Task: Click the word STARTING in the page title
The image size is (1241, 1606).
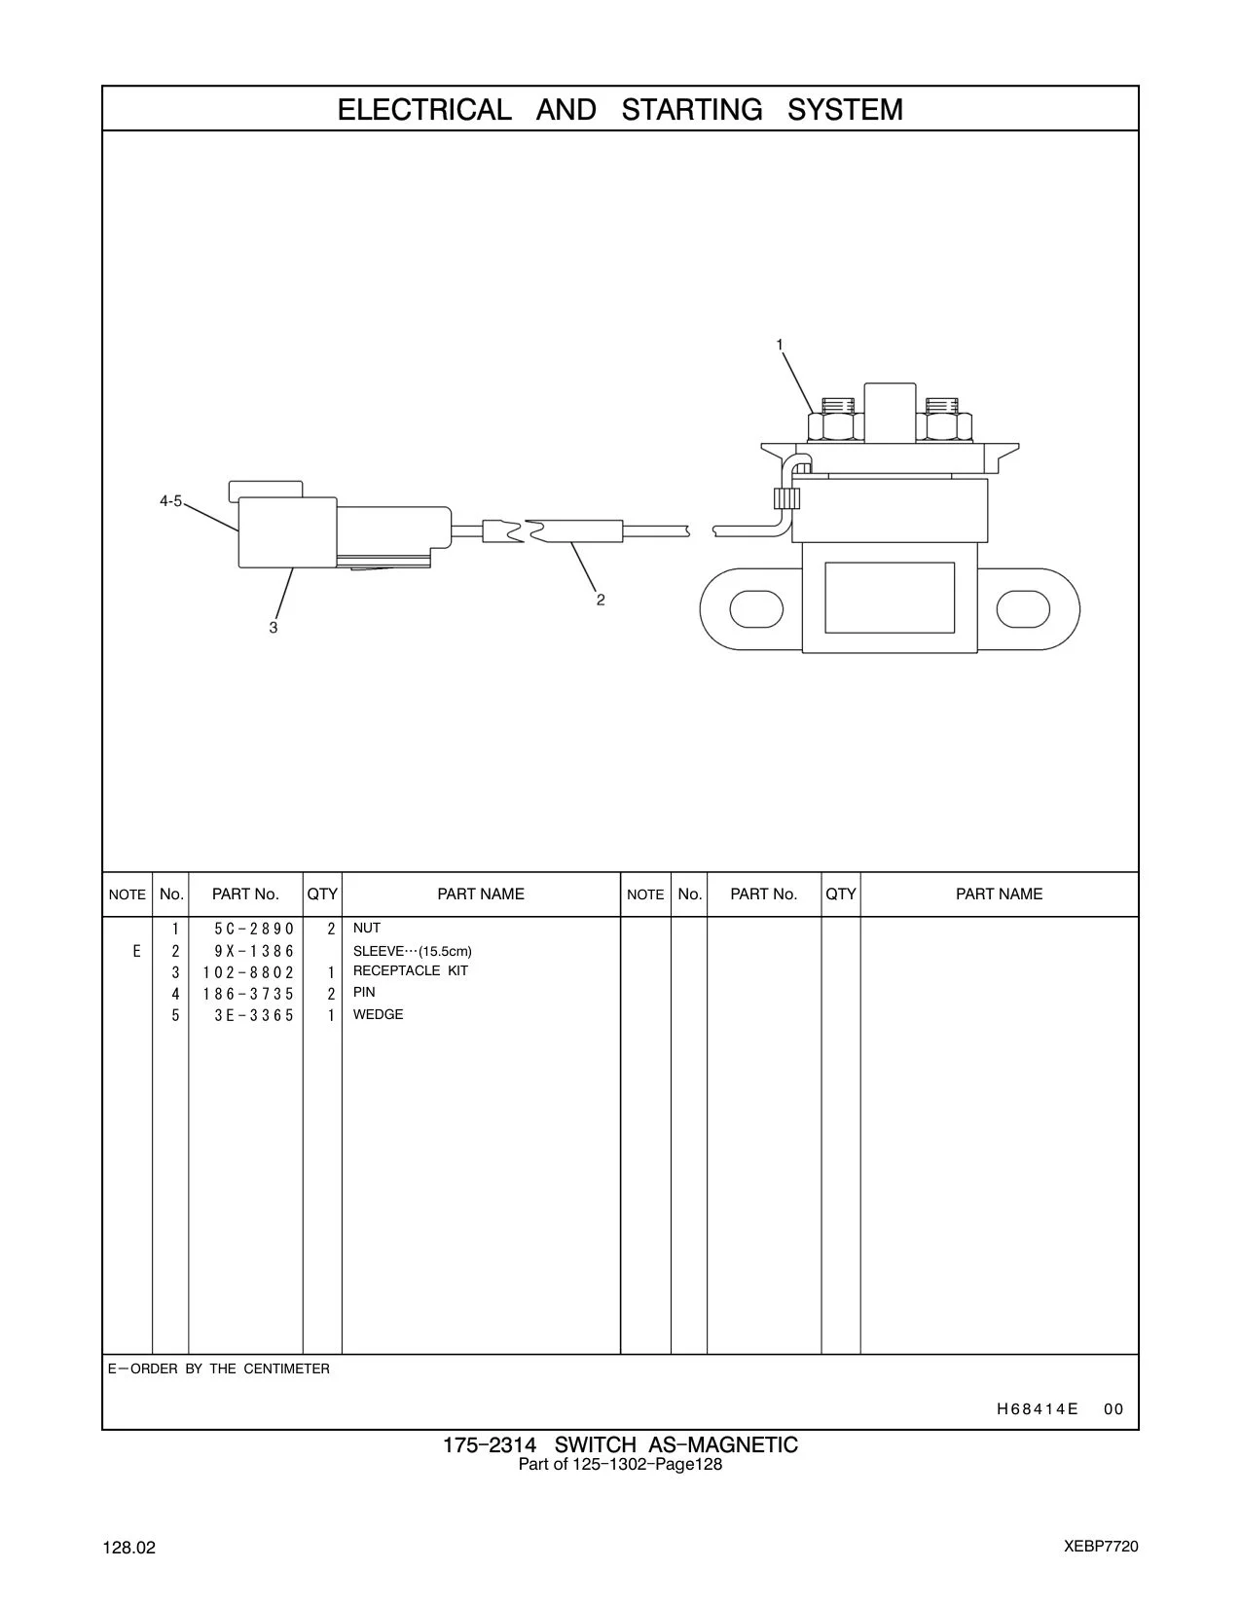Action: click(691, 109)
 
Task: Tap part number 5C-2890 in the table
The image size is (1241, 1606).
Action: click(254, 929)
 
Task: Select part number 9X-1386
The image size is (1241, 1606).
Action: click(254, 951)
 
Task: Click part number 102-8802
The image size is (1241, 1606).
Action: click(248, 972)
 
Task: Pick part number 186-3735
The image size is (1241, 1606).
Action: click(248, 994)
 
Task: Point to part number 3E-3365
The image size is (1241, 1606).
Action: click(254, 1015)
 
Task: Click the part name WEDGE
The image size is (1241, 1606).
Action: click(378, 1015)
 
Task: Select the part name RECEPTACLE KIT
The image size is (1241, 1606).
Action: click(410, 971)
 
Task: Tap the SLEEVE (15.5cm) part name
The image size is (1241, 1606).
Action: click(412, 951)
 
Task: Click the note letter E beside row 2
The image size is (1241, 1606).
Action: click(136, 951)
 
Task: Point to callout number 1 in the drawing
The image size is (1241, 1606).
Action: click(779, 345)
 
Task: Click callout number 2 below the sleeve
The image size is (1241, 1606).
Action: click(601, 601)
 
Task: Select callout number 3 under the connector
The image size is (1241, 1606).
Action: click(274, 628)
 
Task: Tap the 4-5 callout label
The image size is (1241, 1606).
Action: click(170, 501)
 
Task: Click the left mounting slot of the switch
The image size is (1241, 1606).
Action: click(756, 609)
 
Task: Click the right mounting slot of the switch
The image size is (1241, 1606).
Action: click(1023, 609)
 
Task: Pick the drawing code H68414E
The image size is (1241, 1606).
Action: click(1037, 1409)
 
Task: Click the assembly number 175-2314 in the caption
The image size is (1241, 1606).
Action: click(490, 1444)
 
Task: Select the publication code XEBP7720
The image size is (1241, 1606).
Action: click(1101, 1547)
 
